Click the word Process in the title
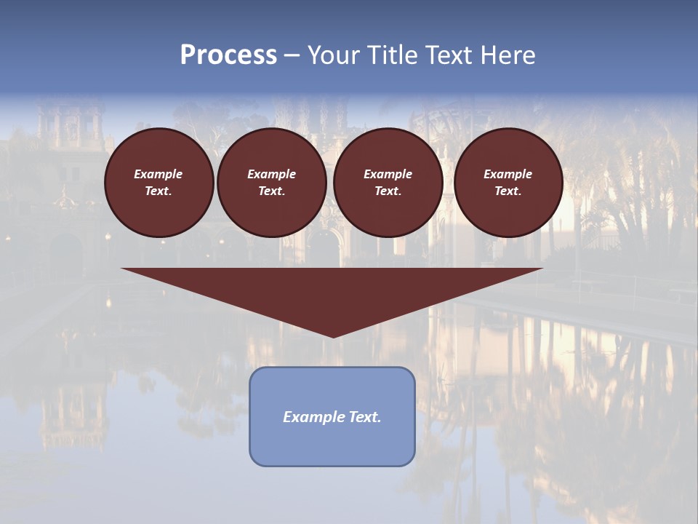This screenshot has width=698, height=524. pos(228,55)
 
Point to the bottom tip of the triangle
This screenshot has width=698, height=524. pos(333,336)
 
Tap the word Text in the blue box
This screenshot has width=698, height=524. pos(364,417)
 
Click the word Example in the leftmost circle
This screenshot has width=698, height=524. pos(159,174)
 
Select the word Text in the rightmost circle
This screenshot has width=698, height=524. pos(508,191)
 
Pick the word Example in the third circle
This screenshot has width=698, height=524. pos(388,174)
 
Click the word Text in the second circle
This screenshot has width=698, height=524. pos(271,191)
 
